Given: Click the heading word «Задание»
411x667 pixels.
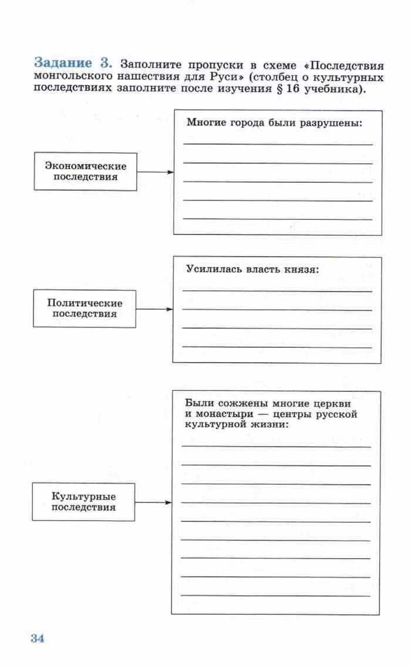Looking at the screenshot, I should coord(63,63).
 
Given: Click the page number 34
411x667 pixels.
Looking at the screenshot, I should coord(38,638).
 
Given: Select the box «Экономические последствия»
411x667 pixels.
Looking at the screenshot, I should coord(86,172).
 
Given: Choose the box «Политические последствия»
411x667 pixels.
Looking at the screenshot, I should coord(85,309).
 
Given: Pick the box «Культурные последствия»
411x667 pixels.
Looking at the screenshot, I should coord(83,502).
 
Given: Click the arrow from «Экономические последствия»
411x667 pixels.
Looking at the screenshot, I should coord(155,172).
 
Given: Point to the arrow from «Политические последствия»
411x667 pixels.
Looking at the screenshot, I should coord(154,309).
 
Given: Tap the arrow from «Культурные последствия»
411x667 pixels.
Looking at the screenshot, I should coord(153,502).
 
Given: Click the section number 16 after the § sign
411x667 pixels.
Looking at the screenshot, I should coord(293,89).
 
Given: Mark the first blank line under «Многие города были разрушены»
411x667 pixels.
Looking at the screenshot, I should coord(278,144).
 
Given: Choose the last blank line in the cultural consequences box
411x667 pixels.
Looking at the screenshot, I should coord(276,596).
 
